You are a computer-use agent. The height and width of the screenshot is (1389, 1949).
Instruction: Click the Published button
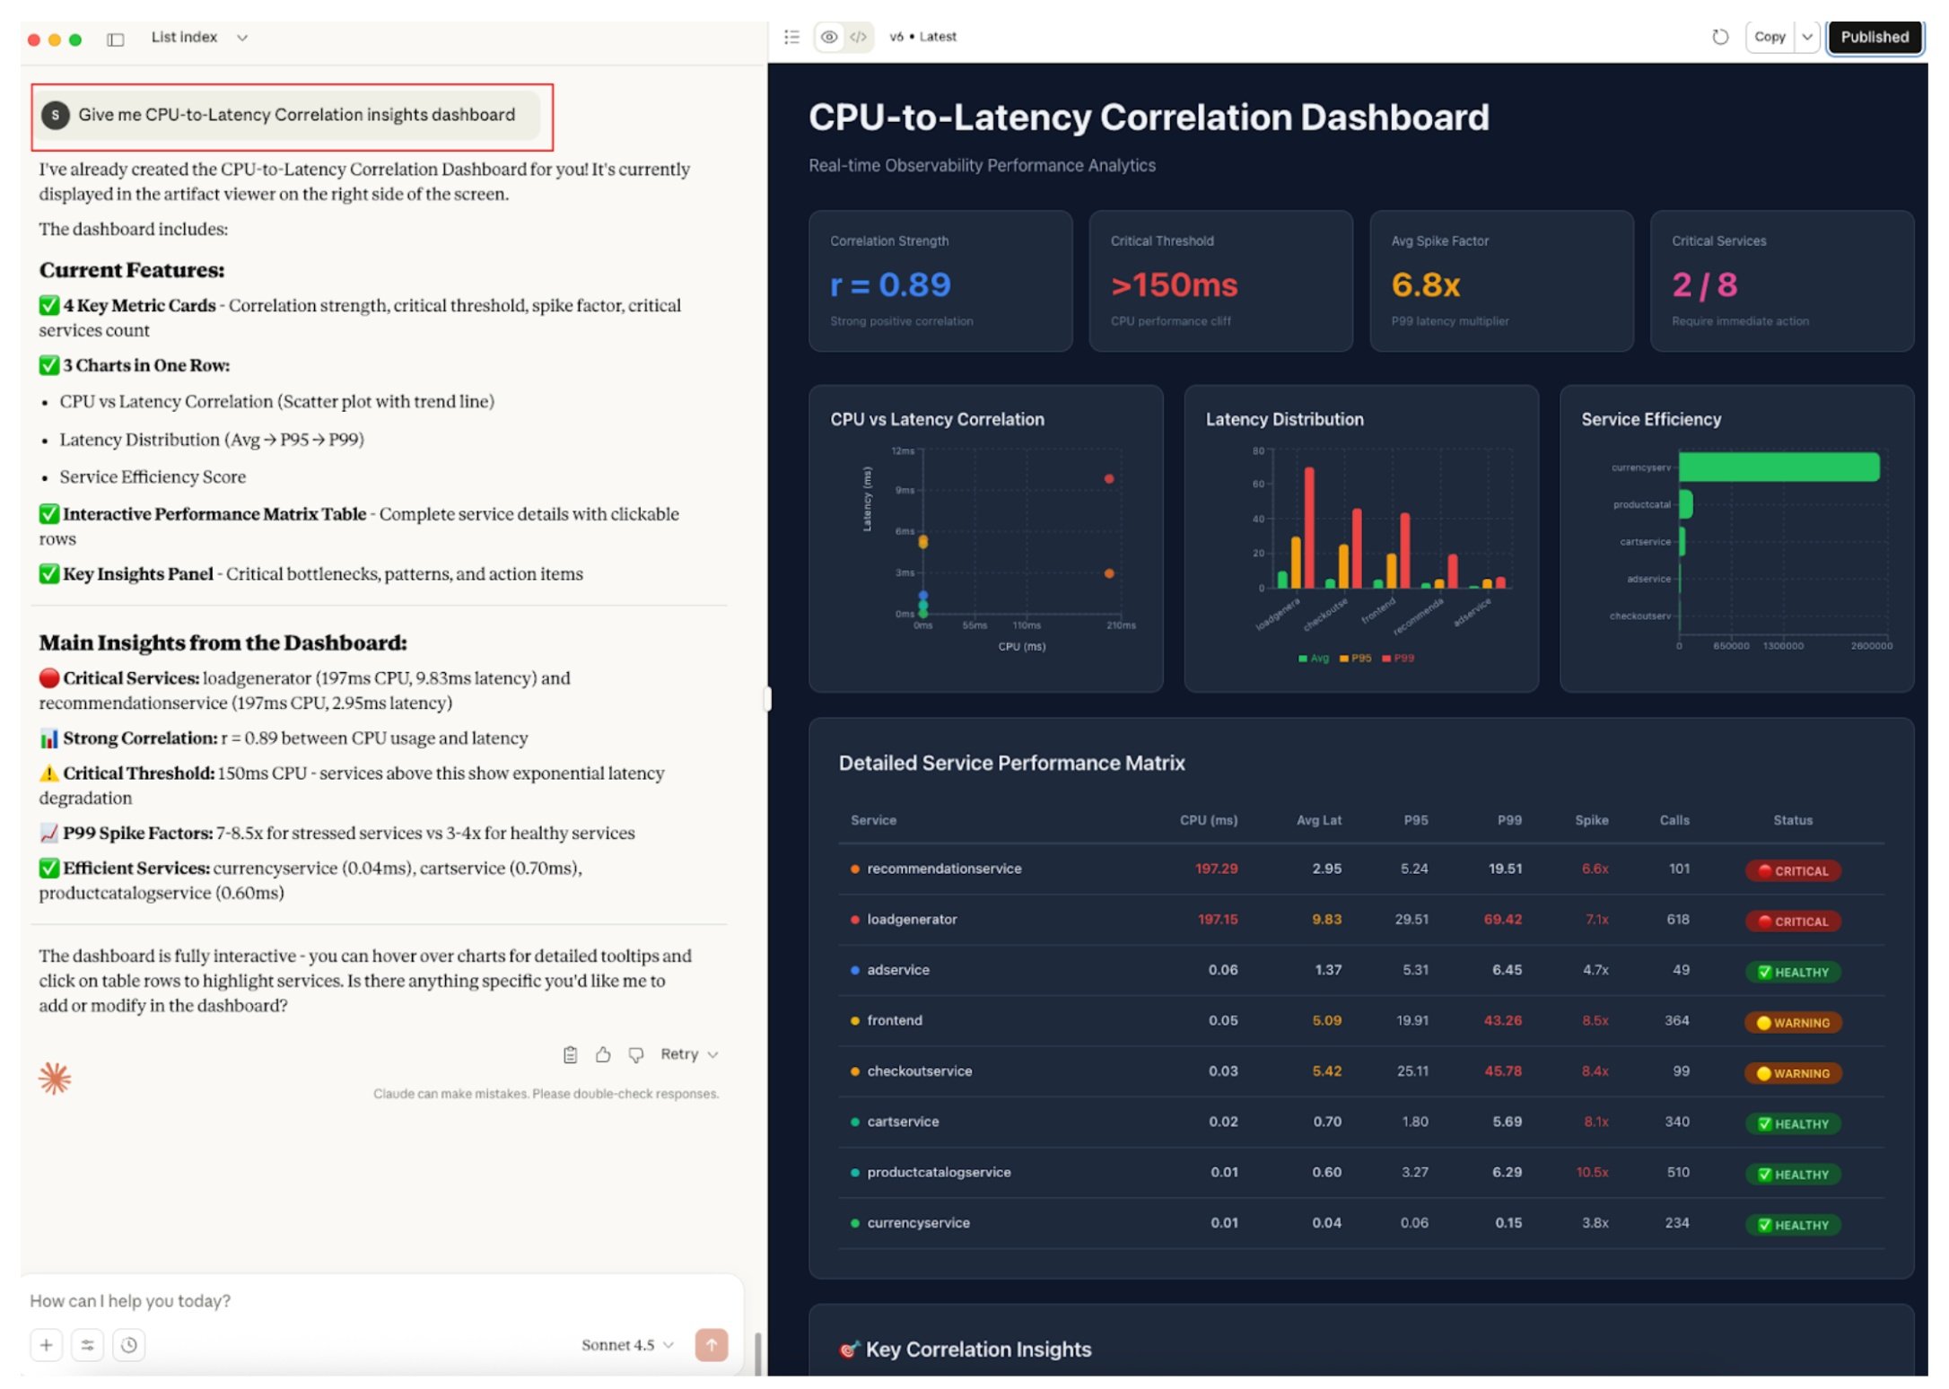click(x=1874, y=37)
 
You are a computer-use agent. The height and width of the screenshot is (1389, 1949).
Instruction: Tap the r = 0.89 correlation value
click(x=889, y=285)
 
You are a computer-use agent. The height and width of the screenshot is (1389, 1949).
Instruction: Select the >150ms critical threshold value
click(x=1174, y=285)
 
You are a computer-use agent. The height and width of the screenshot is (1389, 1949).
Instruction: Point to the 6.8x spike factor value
click(x=1425, y=285)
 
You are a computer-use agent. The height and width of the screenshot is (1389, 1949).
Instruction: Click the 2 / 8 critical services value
click(x=1704, y=285)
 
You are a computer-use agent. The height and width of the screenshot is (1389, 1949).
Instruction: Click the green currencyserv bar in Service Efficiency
click(x=1778, y=467)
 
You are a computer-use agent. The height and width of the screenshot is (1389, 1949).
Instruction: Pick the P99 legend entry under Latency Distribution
click(x=1398, y=659)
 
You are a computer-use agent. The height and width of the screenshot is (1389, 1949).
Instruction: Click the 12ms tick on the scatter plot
click(x=903, y=450)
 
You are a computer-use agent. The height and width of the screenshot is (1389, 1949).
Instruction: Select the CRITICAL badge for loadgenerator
click(x=1793, y=922)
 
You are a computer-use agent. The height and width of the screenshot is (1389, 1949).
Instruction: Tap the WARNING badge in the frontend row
click(x=1793, y=1023)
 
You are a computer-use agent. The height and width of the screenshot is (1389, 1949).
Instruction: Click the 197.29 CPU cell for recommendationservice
click(x=1216, y=869)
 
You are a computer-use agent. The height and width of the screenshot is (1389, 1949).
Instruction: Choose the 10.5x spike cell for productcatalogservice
click(x=1592, y=1173)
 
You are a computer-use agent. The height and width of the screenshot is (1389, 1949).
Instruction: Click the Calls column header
click(x=1674, y=820)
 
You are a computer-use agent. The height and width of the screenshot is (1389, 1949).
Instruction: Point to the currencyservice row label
click(x=918, y=1223)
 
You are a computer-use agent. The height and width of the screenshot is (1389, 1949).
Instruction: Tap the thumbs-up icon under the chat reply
click(x=603, y=1055)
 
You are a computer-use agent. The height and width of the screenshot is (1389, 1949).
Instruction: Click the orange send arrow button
click(x=711, y=1345)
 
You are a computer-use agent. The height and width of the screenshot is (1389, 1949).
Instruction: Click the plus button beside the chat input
click(x=47, y=1345)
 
